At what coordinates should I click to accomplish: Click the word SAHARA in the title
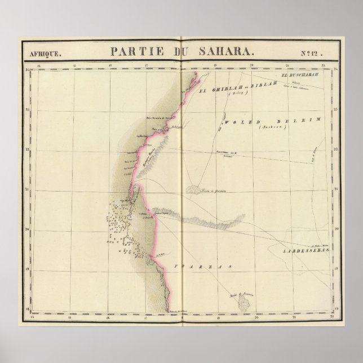tap(228, 51)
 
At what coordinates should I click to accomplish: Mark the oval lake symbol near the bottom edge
tap(247, 303)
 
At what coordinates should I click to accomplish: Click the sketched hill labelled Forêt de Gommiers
tap(196, 191)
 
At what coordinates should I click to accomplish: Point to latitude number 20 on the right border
tap(337, 229)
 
